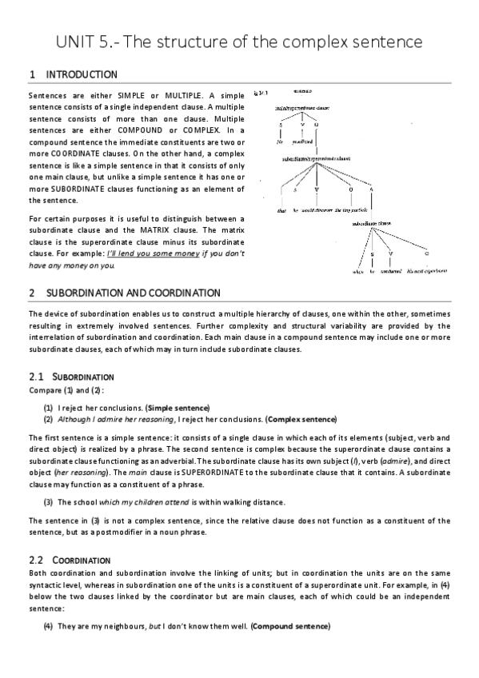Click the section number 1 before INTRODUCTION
[x=31, y=75]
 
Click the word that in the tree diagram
[x=281, y=210]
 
